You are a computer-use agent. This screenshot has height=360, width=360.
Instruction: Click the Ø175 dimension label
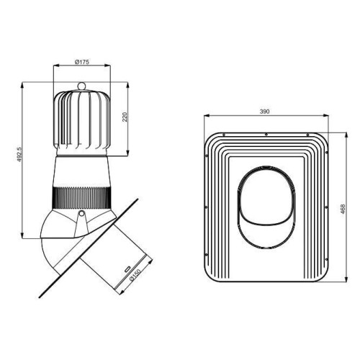tap(82, 62)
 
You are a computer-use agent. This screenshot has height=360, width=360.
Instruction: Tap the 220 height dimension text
tap(125, 117)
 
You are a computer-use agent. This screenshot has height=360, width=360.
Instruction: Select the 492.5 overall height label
tap(19, 154)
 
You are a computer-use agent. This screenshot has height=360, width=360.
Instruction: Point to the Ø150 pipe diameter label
tap(135, 275)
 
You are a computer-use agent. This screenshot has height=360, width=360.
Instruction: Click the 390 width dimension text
tap(264, 112)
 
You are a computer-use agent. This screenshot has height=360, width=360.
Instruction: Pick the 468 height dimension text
tap(343, 209)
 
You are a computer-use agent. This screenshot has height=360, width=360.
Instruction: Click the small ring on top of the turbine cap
tap(81, 86)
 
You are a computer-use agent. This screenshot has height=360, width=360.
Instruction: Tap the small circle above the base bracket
tap(82, 213)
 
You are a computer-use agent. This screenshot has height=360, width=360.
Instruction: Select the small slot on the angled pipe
tap(127, 269)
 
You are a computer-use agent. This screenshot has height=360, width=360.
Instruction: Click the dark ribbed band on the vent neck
tap(82, 198)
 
